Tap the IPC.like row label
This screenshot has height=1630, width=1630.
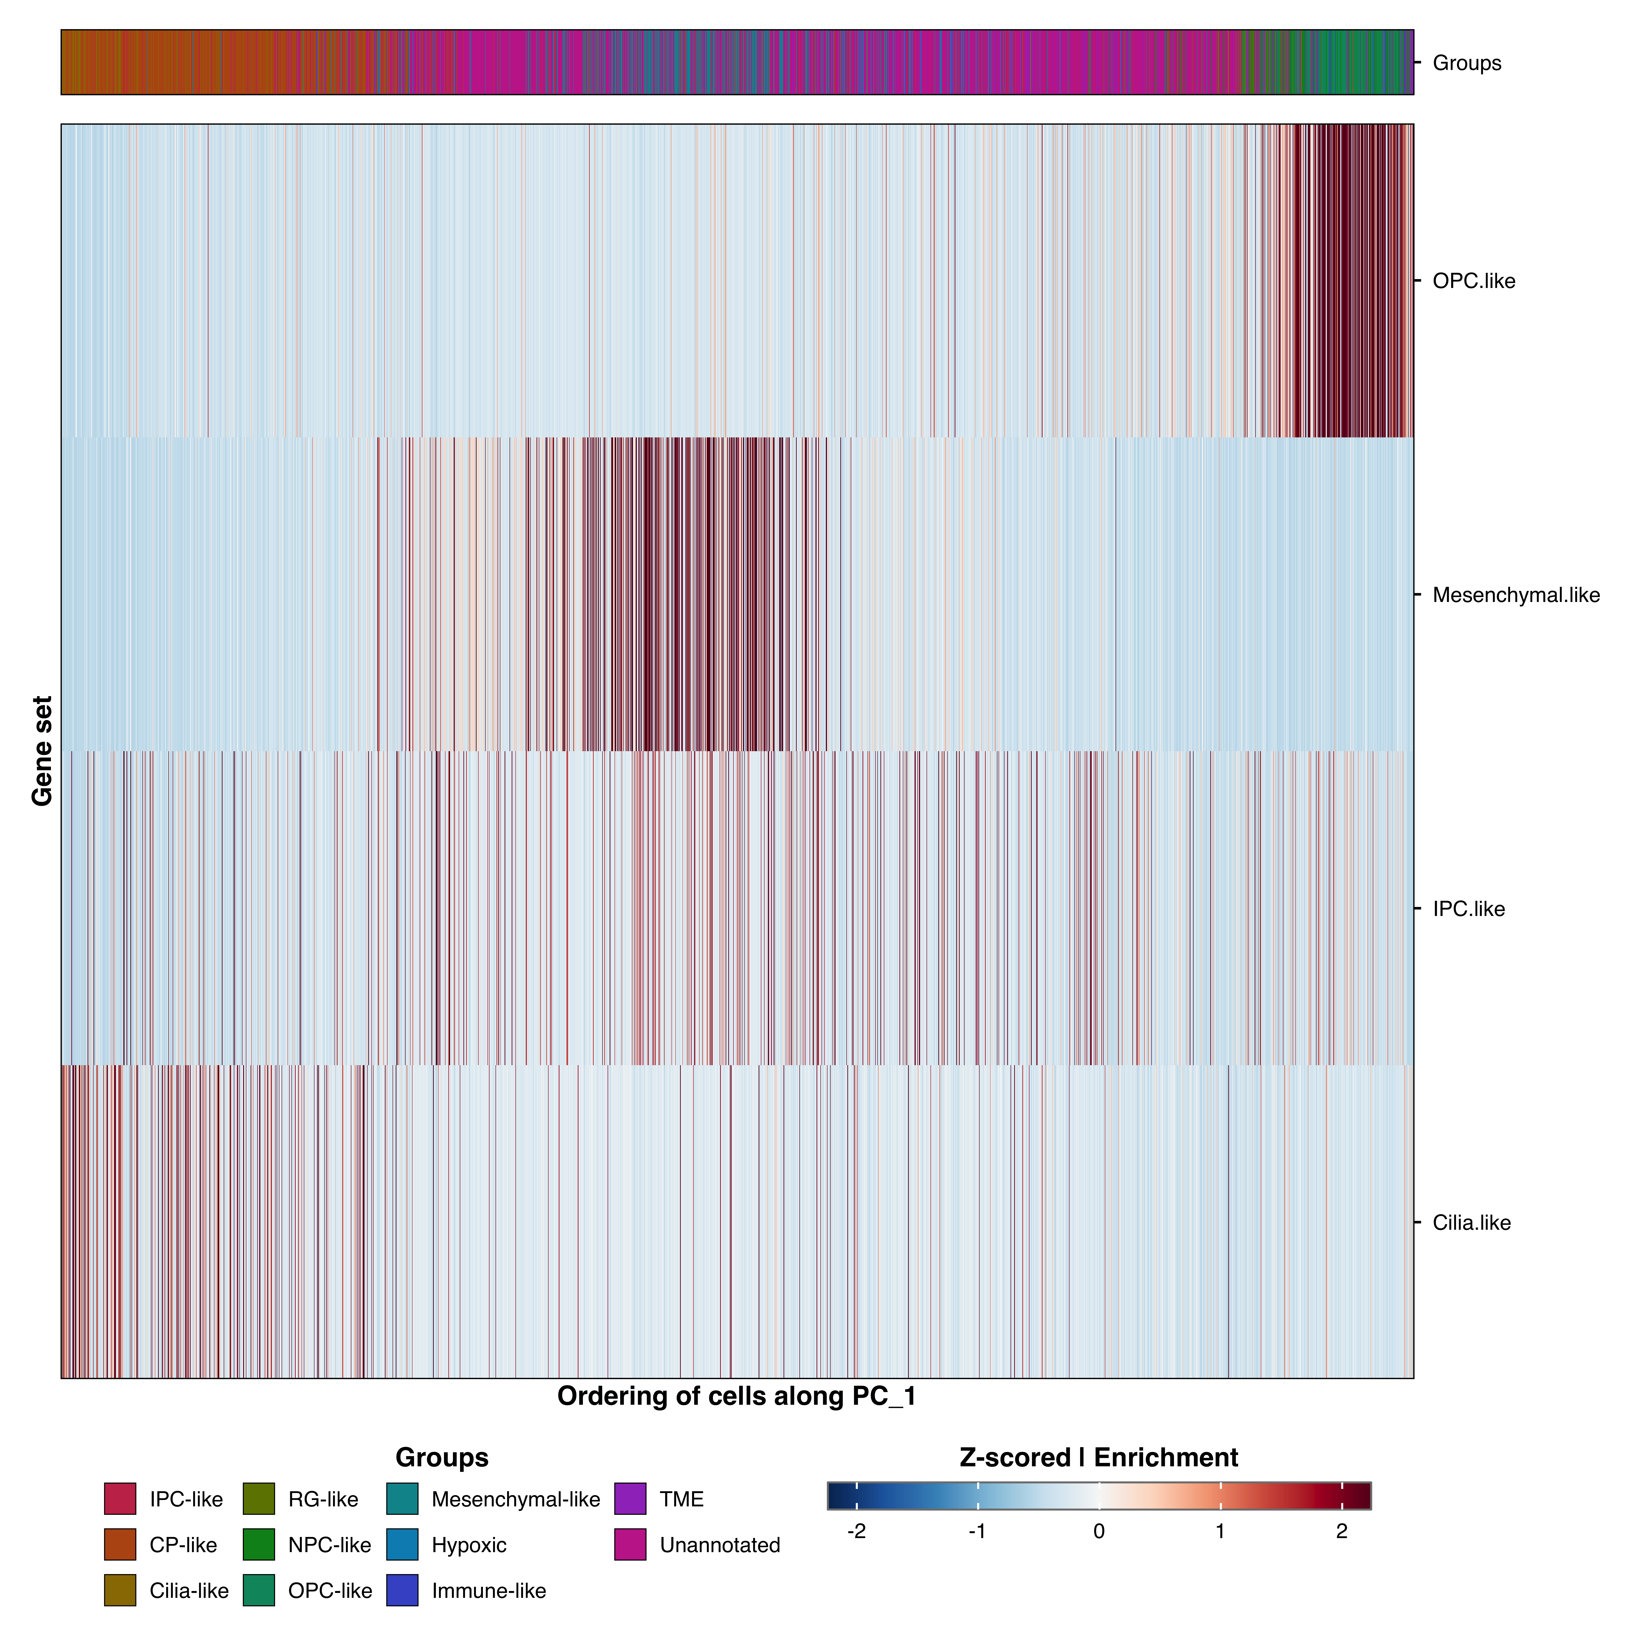pos(1468,909)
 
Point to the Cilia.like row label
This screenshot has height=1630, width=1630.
pos(1471,1222)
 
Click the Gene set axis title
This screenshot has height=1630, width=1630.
pos(42,751)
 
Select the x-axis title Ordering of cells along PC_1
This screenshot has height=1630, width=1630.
pos(736,1396)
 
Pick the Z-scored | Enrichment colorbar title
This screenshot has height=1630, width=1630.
pos(1098,1458)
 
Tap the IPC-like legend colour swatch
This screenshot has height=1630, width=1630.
pos(120,1499)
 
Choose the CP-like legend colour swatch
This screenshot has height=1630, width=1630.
pos(120,1545)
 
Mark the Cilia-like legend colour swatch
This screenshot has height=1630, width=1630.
pos(120,1590)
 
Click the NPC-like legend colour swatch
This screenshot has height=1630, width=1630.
pos(259,1545)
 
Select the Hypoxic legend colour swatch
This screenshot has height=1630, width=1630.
pos(403,1545)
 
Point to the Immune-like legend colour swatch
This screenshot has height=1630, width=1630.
pos(403,1590)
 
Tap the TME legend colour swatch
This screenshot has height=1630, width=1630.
pos(630,1499)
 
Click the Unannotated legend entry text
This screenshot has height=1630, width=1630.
pos(720,1545)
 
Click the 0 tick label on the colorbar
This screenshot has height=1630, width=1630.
pos(1098,1531)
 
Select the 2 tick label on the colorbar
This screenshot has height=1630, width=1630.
pos(1341,1531)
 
